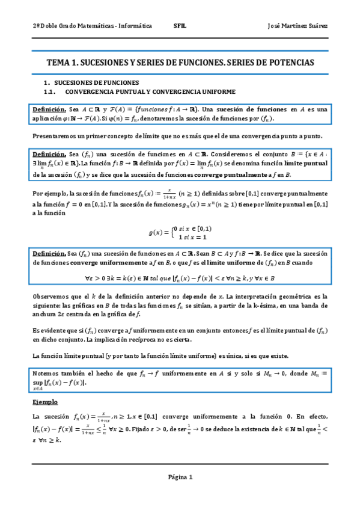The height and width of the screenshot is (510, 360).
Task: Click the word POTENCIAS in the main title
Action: coord(292,63)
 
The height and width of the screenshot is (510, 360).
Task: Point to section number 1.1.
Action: coord(50,92)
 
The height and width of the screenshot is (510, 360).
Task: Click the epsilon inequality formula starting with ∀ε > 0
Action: coord(180,278)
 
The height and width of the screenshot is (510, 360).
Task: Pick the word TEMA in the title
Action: coord(58,63)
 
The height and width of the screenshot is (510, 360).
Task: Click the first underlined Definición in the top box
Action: coord(49,109)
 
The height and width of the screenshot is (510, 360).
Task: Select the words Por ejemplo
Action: coord(49,194)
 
